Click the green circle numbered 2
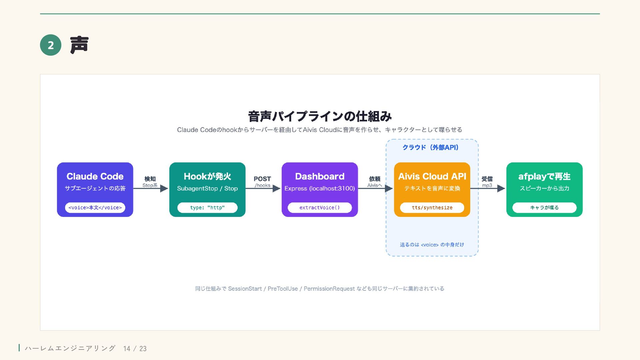[x=51, y=45]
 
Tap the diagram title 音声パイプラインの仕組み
[x=320, y=116]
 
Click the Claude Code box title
[x=95, y=176]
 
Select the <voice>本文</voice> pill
[x=95, y=208]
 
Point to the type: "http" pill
[x=207, y=208]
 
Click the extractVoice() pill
[x=320, y=208]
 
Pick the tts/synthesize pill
[x=432, y=208]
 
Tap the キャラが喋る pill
[x=544, y=208]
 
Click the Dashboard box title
[x=320, y=176]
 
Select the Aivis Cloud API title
[x=432, y=176]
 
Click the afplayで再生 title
[x=544, y=176]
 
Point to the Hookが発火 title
[x=207, y=176]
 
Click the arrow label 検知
[x=150, y=179]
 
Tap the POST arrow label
[x=262, y=179]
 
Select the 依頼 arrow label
[x=375, y=179]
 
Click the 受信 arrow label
[x=487, y=179]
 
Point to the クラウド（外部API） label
[x=431, y=147]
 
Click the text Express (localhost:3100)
[x=320, y=188]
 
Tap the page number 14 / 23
[x=135, y=349]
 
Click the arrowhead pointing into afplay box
[x=501, y=188]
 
